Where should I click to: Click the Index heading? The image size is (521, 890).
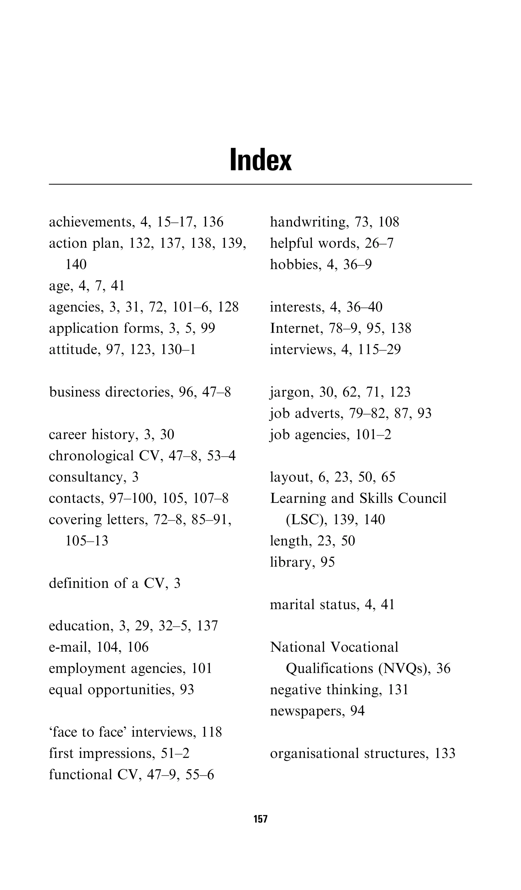(260, 160)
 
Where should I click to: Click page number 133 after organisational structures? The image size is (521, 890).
(445, 754)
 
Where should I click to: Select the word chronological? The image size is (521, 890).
(91, 456)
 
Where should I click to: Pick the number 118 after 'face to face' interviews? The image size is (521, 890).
(211, 732)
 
